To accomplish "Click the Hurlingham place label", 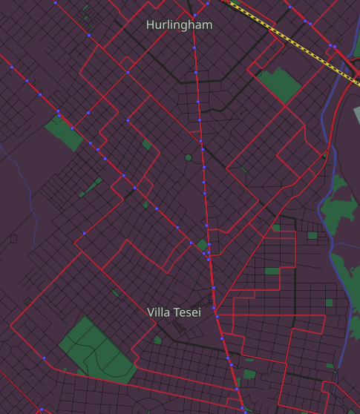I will pyautogui.click(x=179, y=25).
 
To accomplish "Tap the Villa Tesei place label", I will pyautogui.click(x=174, y=312).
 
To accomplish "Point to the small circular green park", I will pyautogui.click(x=188, y=157).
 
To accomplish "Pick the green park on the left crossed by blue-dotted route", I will pyautogui.click(x=62, y=132).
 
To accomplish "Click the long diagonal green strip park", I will pyautogui.click(x=91, y=187).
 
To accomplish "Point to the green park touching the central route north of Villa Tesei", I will pyautogui.click(x=201, y=244).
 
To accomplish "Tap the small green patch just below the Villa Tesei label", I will pyautogui.click(x=158, y=341).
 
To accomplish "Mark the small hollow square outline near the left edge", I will pyautogui.click(x=13, y=238).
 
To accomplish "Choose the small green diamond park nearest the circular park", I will pyautogui.click(x=147, y=145).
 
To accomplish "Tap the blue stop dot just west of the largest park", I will pyautogui.click(x=45, y=358).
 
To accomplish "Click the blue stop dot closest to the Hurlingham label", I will pyautogui.click(x=194, y=16).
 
